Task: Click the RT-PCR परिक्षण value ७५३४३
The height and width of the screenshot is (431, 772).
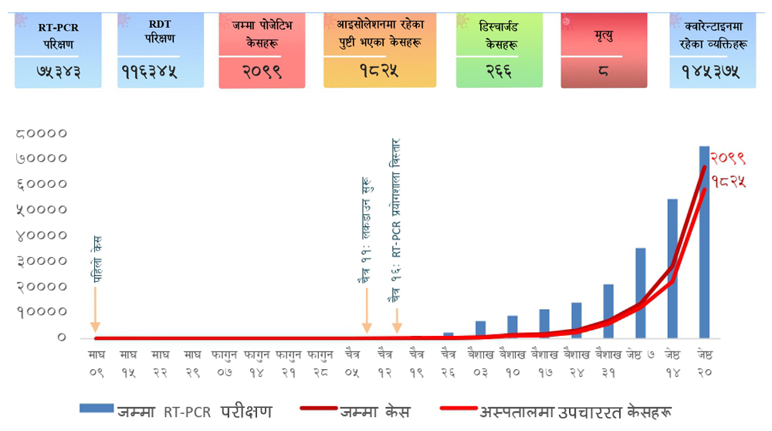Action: point(58,73)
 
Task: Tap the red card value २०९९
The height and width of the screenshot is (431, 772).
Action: point(262,73)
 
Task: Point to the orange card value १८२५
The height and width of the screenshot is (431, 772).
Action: point(379,71)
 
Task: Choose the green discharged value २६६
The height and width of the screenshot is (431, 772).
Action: point(499,71)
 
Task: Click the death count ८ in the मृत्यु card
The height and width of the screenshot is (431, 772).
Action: point(603,71)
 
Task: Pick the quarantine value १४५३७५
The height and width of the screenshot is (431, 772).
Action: point(711,73)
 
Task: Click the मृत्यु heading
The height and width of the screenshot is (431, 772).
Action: point(603,36)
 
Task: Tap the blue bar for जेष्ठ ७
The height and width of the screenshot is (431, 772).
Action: point(640,293)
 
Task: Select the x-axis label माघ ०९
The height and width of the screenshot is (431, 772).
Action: point(96,363)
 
